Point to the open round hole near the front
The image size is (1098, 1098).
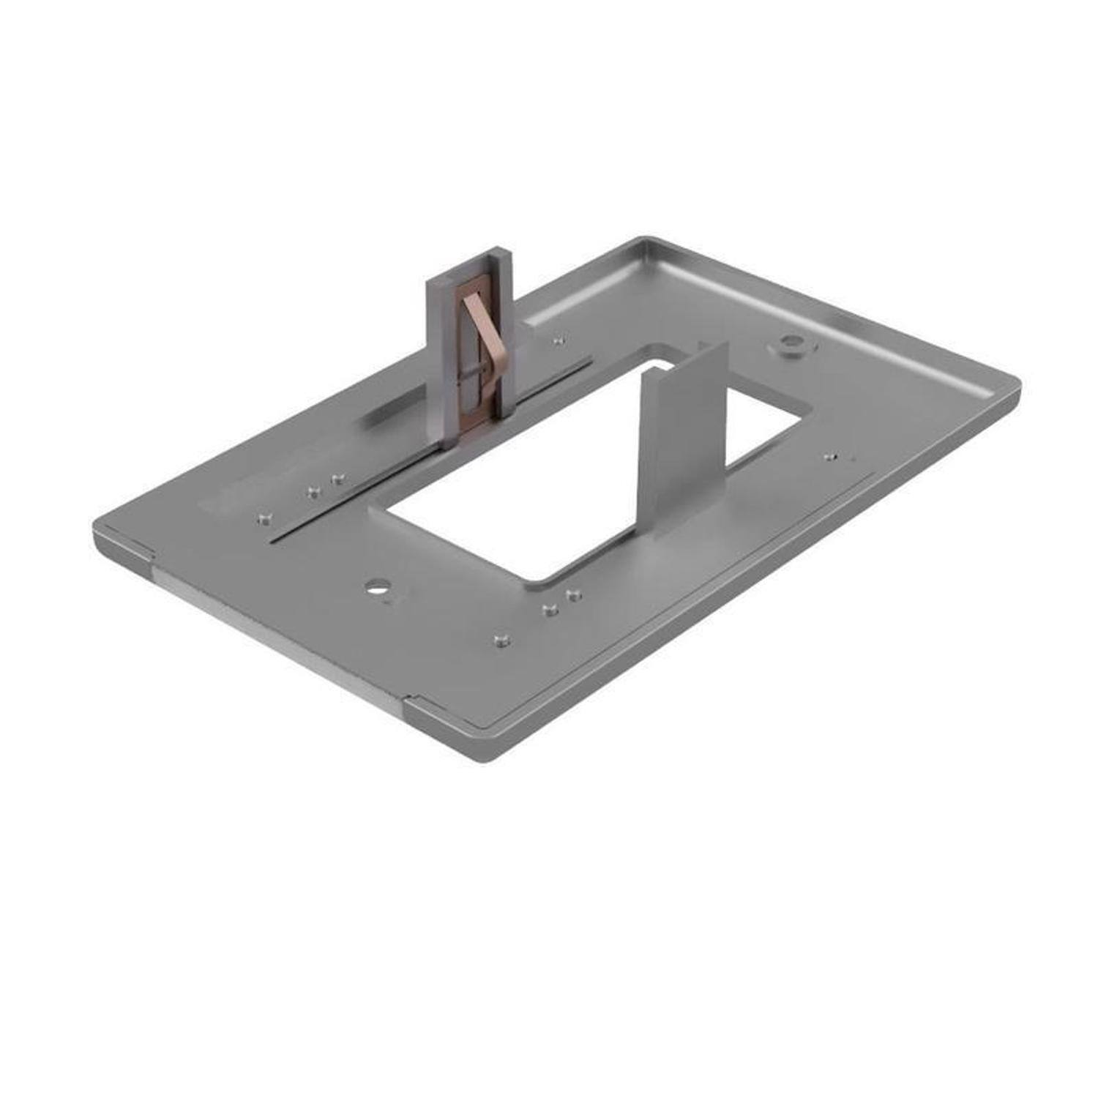pos(378,586)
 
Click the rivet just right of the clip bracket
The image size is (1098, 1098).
pos(559,340)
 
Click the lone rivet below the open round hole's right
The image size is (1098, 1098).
pos(500,642)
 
